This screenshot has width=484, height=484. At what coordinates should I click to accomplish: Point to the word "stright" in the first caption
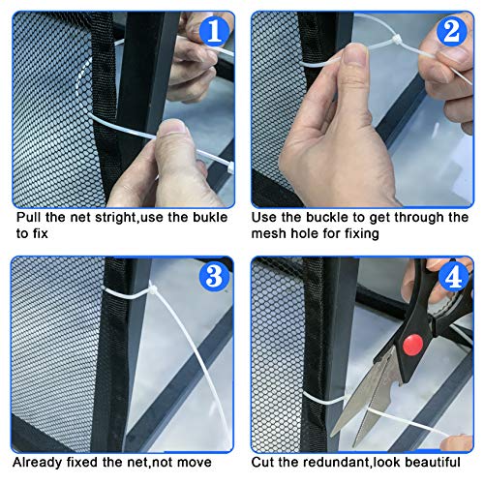115,218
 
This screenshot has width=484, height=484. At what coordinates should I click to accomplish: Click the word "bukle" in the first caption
206,218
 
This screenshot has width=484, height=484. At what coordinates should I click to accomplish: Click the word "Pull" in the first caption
27,218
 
